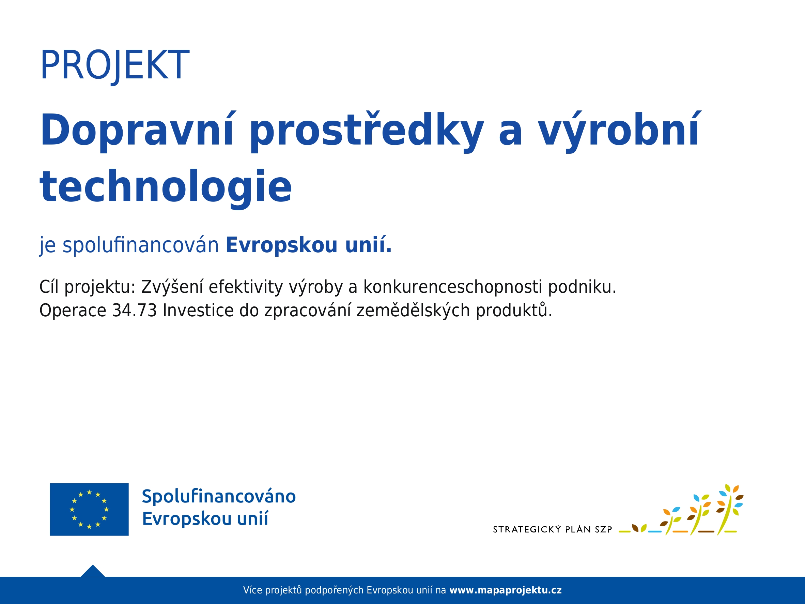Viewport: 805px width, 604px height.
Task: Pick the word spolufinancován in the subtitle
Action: pos(140,245)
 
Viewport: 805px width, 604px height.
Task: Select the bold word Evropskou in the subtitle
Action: pos(282,245)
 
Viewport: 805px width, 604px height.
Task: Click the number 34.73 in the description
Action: pos(135,311)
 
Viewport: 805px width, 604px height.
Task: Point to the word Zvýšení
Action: pos(172,287)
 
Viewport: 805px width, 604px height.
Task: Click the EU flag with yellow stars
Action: pos(89,509)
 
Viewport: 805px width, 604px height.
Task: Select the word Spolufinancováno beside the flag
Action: pos(219,497)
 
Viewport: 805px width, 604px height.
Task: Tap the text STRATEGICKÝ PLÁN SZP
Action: pos(553,529)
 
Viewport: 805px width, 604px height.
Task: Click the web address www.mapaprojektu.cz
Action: pos(506,590)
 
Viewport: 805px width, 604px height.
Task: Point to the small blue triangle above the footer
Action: pos(93,571)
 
